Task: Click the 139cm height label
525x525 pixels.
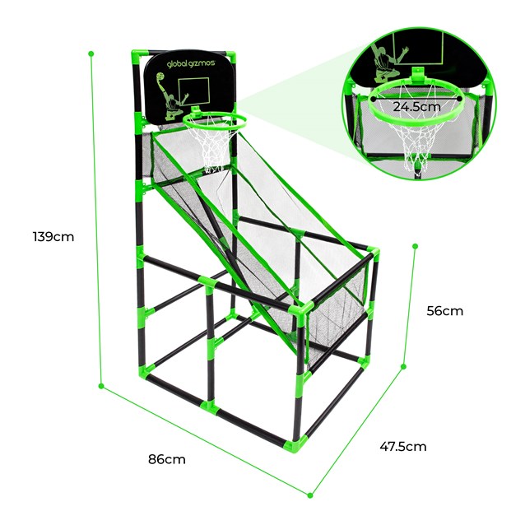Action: (x=53, y=237)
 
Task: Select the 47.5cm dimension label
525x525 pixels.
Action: (x=403, y=446)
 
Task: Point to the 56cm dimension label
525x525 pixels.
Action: (x=445, y=311)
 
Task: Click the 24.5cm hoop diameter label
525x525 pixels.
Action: (x=416, y=106)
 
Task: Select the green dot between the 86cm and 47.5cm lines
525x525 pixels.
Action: (x=310, y=495)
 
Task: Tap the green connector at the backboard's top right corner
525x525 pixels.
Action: (x=235, y=57)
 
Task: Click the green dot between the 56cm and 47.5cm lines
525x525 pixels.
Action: (x=404, y=367)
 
